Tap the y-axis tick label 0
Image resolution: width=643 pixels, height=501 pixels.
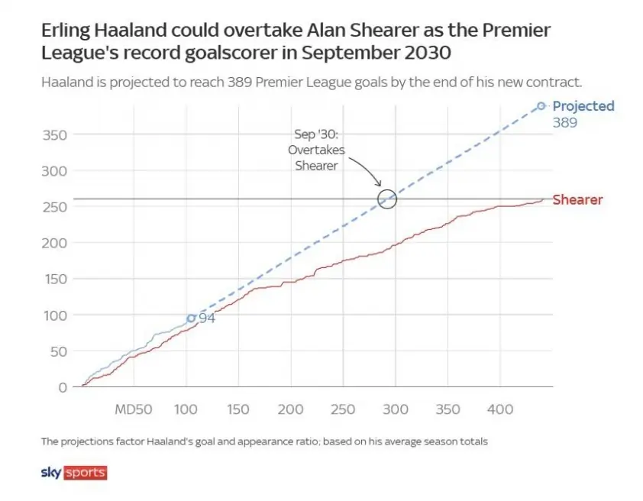coord(63,387)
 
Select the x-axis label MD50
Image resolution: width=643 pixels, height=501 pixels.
coord(134,409)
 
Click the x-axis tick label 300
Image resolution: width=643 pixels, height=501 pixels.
coord(396,409)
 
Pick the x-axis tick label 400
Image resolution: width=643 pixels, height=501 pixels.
coord(500,409)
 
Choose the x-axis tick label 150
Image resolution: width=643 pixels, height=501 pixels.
coord(238,409)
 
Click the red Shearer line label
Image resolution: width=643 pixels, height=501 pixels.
coord(577,200)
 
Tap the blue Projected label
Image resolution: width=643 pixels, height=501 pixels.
coord(583,106)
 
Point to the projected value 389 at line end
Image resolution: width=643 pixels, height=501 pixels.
coord(565,122)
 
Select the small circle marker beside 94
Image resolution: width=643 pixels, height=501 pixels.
coord(191,318)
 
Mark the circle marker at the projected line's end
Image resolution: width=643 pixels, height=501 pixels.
coord(541,106)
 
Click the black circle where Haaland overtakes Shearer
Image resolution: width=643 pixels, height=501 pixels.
coord(388,199)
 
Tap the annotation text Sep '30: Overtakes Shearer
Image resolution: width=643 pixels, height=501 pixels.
coord(315,150)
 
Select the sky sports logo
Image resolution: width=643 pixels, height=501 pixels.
coord(73,473)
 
